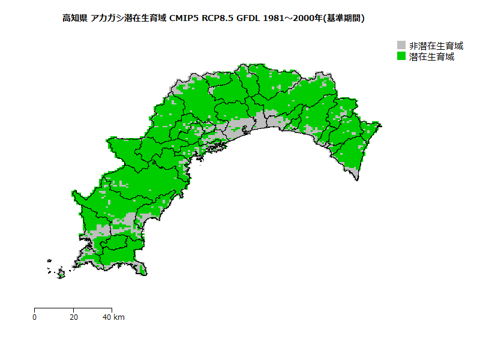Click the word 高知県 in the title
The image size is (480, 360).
click(74, 18)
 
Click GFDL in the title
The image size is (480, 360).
click(248, 18)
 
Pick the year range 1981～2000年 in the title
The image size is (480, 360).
click(292, 18)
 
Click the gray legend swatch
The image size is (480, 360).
click(402, 46)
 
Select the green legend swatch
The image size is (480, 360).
click(402, 56)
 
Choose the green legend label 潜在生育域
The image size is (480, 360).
click(431, 56)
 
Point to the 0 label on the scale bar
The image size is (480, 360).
click(35, 317)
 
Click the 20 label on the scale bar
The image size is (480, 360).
click(73, 317)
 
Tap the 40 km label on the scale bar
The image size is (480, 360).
click(113, 317)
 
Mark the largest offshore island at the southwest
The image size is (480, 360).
click(61, 275)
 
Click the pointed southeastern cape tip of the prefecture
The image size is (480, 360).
click(358, 178)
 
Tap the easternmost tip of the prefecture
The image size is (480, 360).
click(381, 125)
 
